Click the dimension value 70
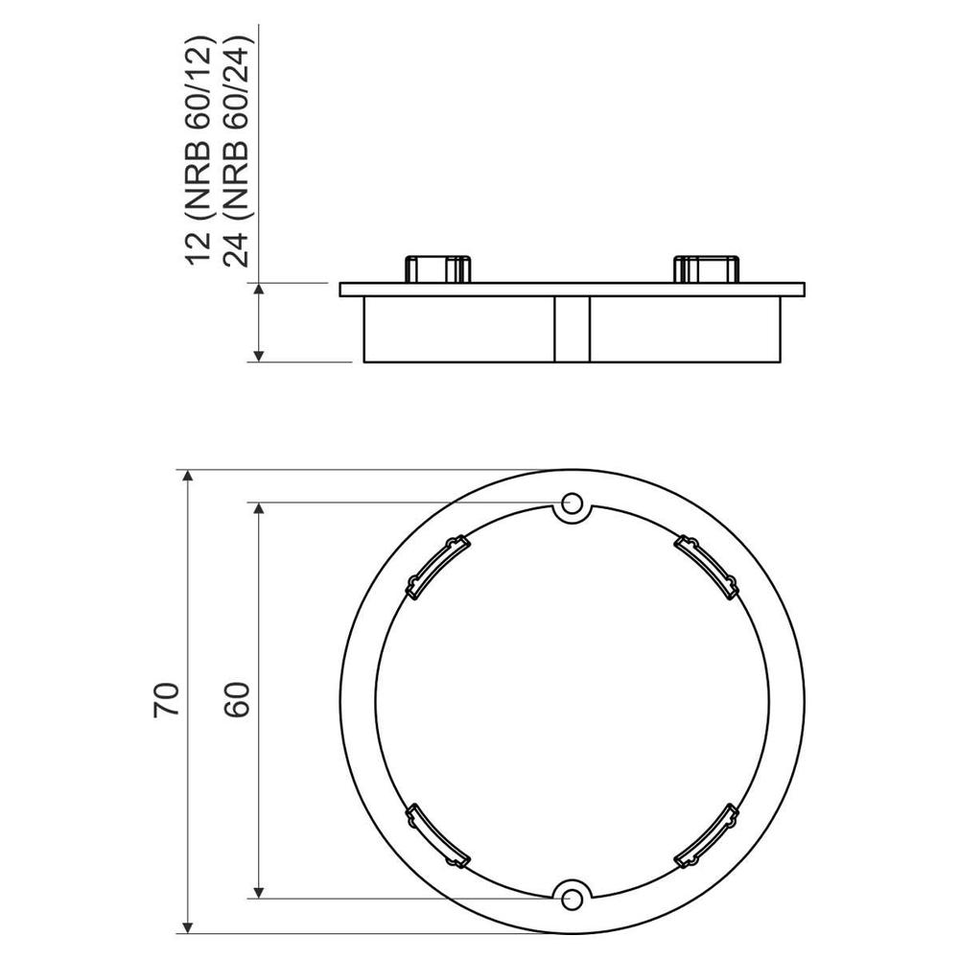[x=166, y=700]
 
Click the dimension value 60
[x=237, y=700]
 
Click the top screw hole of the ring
[x=573, y=503]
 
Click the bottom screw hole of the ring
[x=573, y=898]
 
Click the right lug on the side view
[x=708, y=269]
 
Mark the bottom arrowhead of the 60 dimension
[x=259, y=891]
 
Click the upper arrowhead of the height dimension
[x=259, y=291]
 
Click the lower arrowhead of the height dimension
[x=259, y=355]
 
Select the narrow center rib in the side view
[x=573, y=329]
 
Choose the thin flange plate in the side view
[x=573, y=289]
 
